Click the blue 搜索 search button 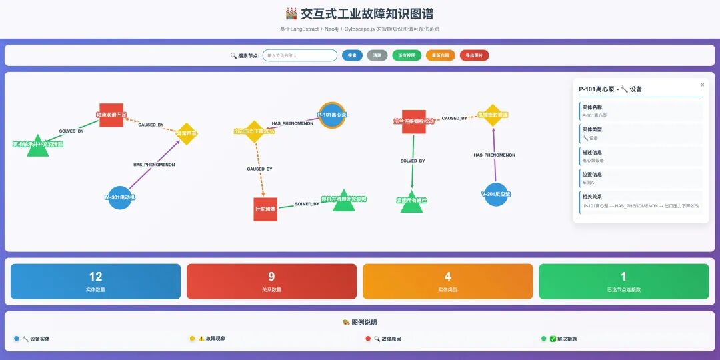352,55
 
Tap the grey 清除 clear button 377,55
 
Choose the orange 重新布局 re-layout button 441,55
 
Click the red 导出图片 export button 474,55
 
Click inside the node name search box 299,55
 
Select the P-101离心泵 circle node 331,115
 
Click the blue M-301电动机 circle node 120,197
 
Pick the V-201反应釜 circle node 495,194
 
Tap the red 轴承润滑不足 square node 111,115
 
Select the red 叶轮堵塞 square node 265,209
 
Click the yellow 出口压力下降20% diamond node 254,131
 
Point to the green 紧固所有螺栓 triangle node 411,201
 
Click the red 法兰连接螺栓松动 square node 413,121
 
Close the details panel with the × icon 702,85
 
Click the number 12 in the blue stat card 95,277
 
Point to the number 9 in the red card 271,277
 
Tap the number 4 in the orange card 447,277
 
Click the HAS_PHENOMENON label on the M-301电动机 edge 154,164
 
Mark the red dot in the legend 368,339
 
